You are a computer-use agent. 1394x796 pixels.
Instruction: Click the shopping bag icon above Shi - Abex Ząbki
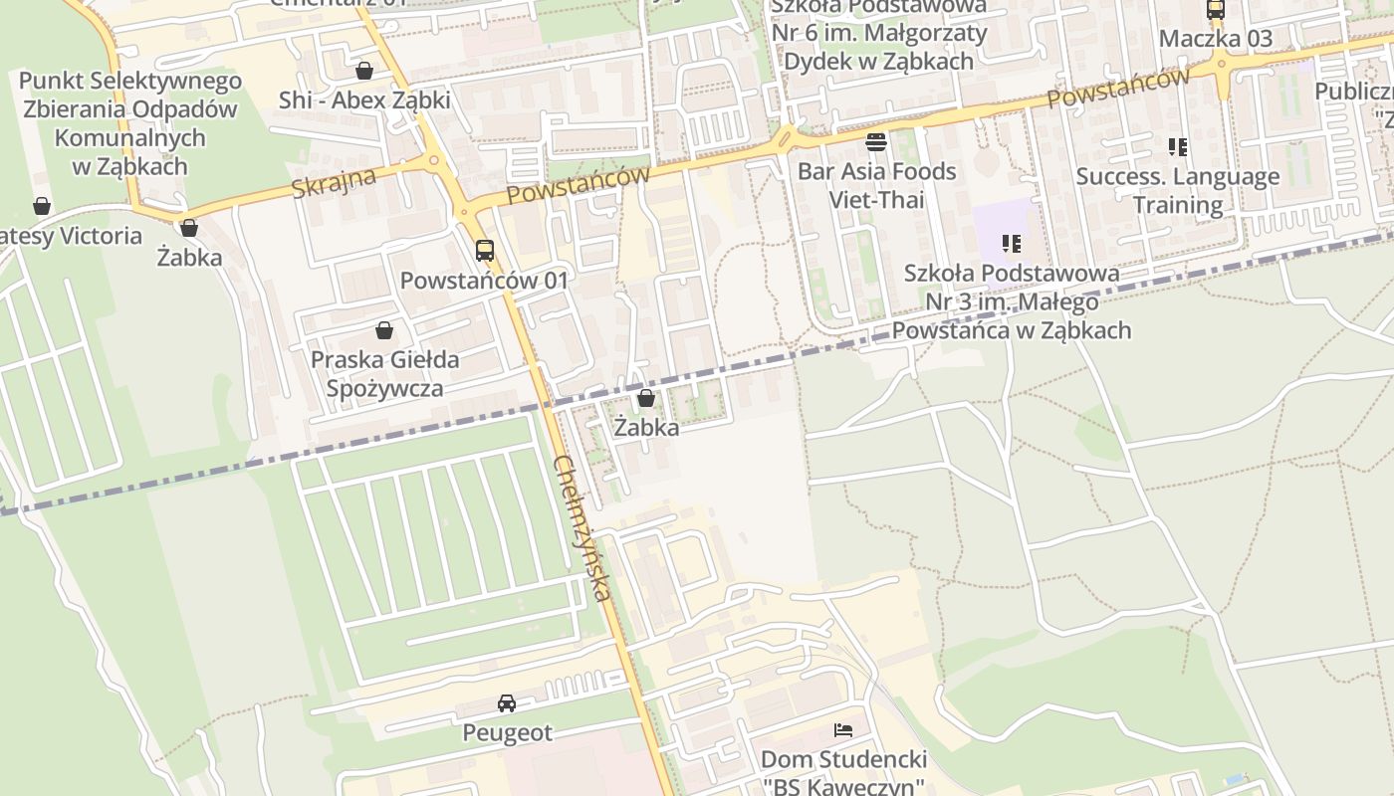click(x=364, y=71)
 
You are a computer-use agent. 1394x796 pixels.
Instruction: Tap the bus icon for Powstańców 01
click(x=484, y=251)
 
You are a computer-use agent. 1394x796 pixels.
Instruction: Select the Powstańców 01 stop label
click(x=484, y=281)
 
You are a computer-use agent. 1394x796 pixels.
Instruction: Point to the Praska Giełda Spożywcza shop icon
click(x=384, y=330)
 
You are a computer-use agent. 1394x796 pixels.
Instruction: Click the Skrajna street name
click(x=335, y=183)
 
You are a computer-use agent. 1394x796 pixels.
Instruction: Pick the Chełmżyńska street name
click(x=581, y=528)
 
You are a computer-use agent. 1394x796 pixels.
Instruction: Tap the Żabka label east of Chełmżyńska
click(x=646, y=428)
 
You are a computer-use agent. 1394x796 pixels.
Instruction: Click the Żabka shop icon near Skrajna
click(x=189, y=229)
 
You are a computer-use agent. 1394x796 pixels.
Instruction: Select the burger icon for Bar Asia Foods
click(x=876, y=142)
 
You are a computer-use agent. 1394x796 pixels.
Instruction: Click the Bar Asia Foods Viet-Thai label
click(x=876, y=185)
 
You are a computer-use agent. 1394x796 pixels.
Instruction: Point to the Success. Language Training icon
click(x=1178, y=148)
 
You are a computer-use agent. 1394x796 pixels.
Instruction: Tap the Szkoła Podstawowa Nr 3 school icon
click(x=1012, y=244)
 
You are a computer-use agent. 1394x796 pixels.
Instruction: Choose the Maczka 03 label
click(x=1216, y=39)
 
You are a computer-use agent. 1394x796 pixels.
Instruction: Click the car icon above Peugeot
click(x=507, y=703)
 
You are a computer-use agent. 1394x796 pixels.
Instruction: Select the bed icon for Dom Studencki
click(x=843, y=730)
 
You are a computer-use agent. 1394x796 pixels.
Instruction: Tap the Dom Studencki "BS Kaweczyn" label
click(x=843, y=773)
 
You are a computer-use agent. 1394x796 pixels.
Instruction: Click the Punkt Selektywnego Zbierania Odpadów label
click(x=130, y=123)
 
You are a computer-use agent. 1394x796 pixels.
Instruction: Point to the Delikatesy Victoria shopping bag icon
click(x=42, y=206)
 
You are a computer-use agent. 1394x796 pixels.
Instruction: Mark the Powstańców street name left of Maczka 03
click(x=1118, y=89)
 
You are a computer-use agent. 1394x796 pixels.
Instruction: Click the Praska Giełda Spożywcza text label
click(x=385, y=373)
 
